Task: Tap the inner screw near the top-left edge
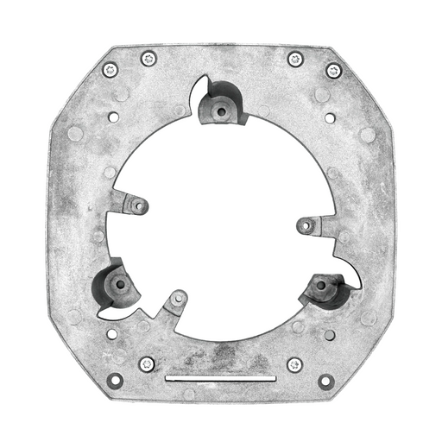coord(148,59)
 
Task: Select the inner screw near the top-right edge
coord(295,59)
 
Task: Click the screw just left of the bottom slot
coord(147,363)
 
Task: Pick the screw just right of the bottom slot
coord(294,364)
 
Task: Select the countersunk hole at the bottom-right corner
coord(325,380)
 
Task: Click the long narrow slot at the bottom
coord(220,378)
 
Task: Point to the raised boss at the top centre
coord(219,110)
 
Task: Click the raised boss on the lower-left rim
coord(119,283)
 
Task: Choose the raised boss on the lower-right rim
coord(322,285)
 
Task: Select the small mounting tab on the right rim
coord(306,225)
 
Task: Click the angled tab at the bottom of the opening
coord(177,300)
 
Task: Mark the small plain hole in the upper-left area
coord(113,116)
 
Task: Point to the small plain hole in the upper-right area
coord(330,117)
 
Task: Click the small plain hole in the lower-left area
coord(112,333)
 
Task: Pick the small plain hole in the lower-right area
coord(329,334)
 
